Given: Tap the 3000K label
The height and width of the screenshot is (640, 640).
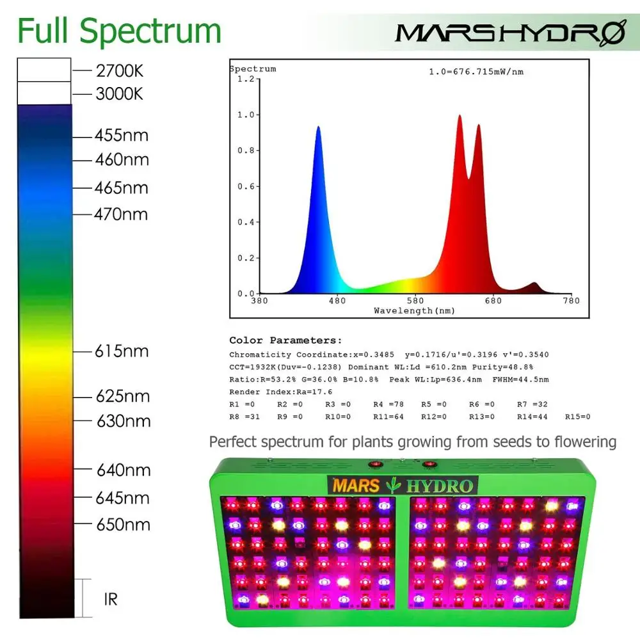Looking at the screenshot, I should click(119, 94).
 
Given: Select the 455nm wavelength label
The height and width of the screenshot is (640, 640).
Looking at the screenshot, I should click(122, 136).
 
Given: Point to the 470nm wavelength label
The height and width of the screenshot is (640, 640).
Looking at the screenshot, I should click(121, 214).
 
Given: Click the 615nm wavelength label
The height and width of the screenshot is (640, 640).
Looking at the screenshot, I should click(122, 351).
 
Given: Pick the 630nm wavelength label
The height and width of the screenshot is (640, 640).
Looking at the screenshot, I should click(123, 421).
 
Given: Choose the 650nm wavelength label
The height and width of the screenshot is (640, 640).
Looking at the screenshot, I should click(123, 525).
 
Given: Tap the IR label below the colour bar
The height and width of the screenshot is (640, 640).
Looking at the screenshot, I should click(110, 600).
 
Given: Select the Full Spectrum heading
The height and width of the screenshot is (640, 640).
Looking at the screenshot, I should click(119, 31).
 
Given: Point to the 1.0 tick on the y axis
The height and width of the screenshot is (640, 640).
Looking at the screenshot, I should click(246, 115).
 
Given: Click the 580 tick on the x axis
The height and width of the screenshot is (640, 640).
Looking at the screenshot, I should click(415, 301).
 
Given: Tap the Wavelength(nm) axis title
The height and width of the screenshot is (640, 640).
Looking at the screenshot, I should click(414, 311).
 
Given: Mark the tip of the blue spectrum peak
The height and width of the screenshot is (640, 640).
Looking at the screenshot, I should click(318, 127).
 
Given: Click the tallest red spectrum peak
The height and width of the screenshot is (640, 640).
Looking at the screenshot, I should click(460, 116).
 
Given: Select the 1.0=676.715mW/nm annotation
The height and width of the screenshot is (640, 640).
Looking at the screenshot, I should click(476, 72).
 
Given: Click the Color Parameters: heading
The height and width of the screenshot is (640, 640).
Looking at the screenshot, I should click(285, 340).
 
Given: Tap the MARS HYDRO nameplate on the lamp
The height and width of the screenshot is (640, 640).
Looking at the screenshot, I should click(402, 485).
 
